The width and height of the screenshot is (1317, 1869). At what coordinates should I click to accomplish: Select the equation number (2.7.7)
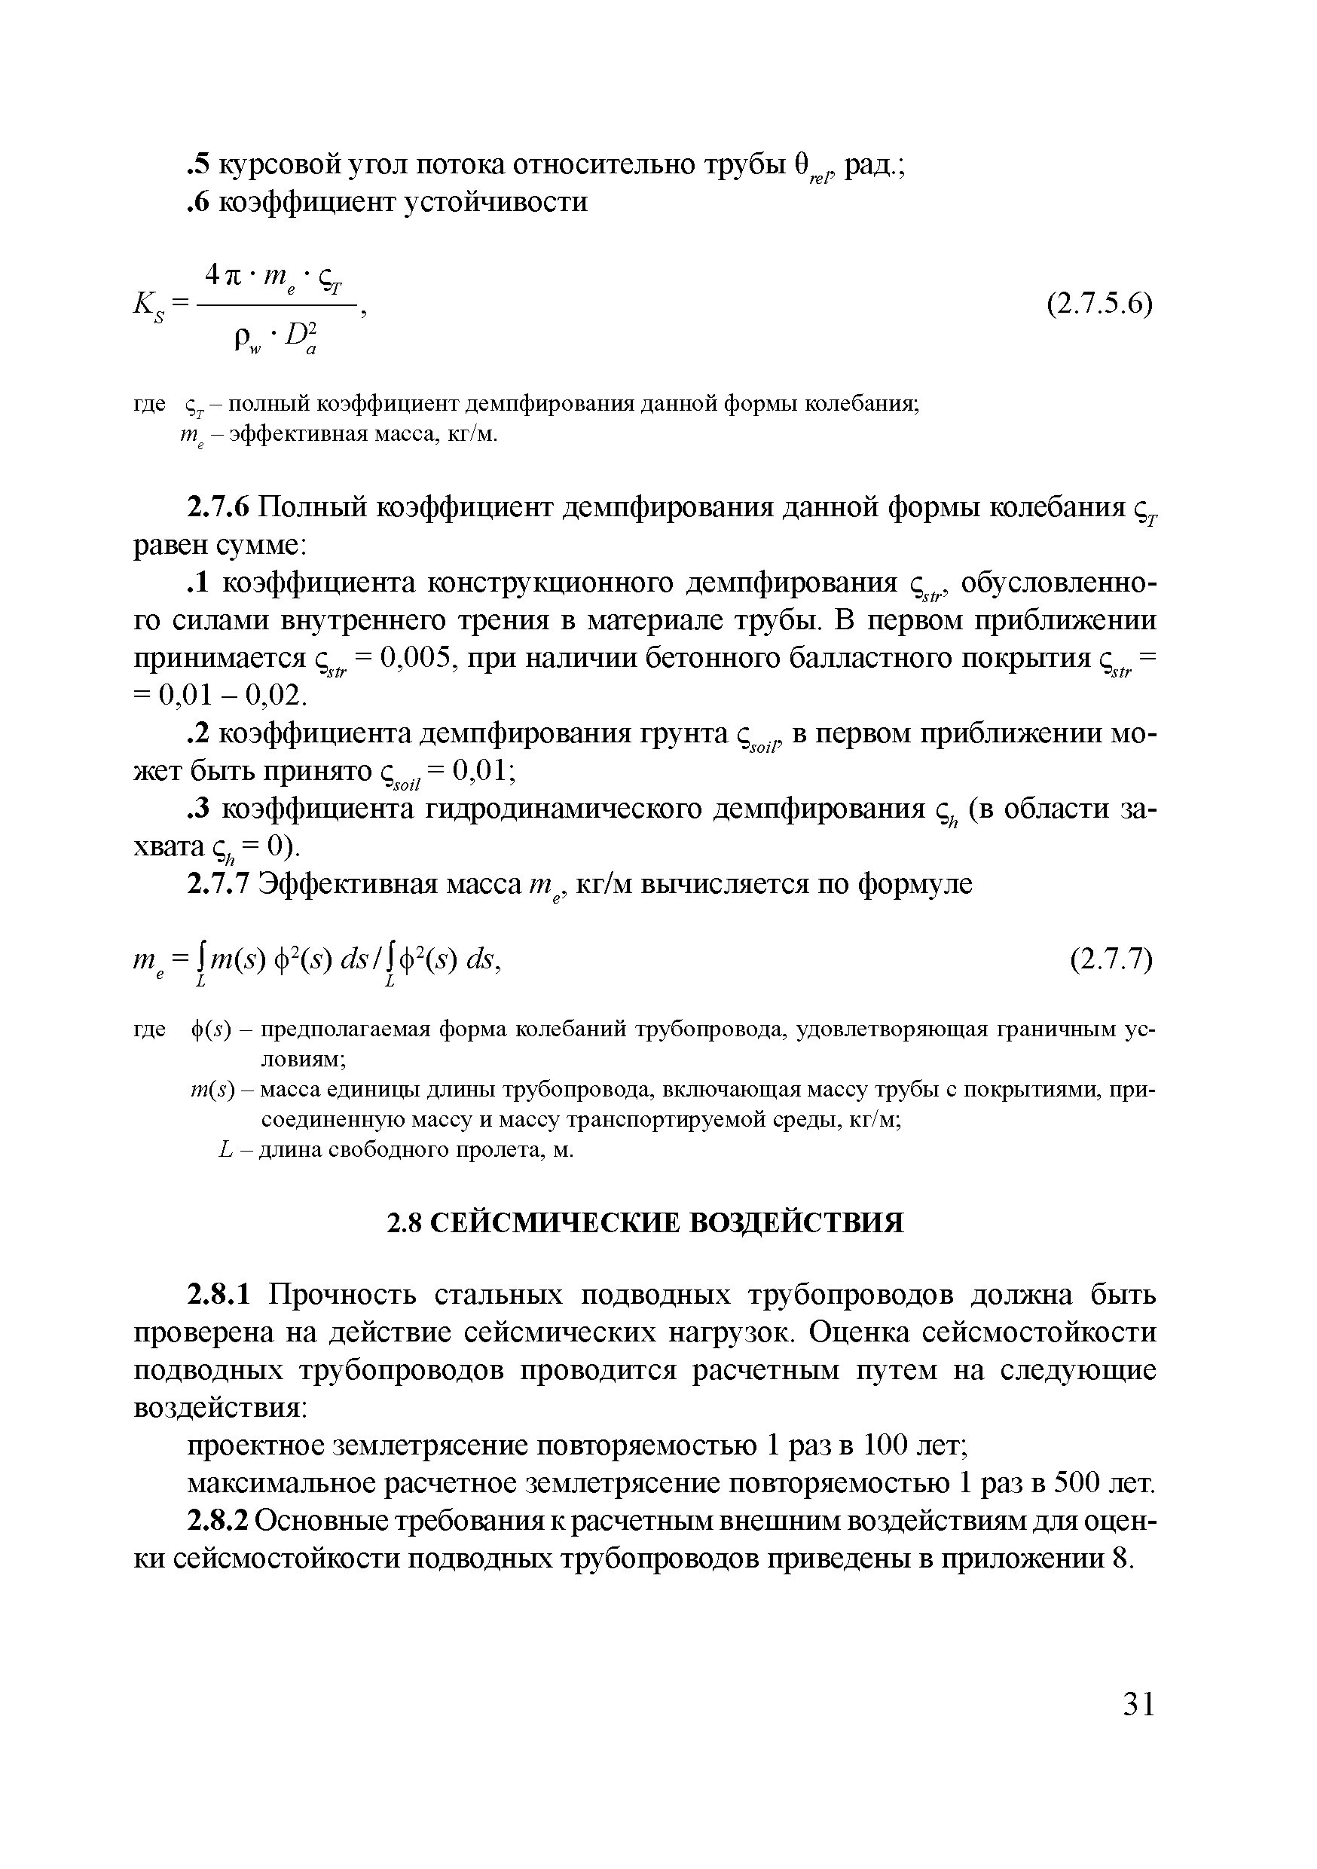pyautogui.click(x=1111, y=962)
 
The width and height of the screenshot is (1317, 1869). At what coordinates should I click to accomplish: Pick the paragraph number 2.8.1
pyautogui.click(x=222, y=1294)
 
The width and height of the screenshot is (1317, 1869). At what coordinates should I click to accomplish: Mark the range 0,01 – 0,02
pyautogui.click(x=233, y=694)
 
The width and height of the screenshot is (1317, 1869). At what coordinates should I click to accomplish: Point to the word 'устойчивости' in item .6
pyautogui.click(x=497, y=201)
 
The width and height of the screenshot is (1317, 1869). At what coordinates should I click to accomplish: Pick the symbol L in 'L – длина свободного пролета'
pyautogui.click(x=226, y=1150)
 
